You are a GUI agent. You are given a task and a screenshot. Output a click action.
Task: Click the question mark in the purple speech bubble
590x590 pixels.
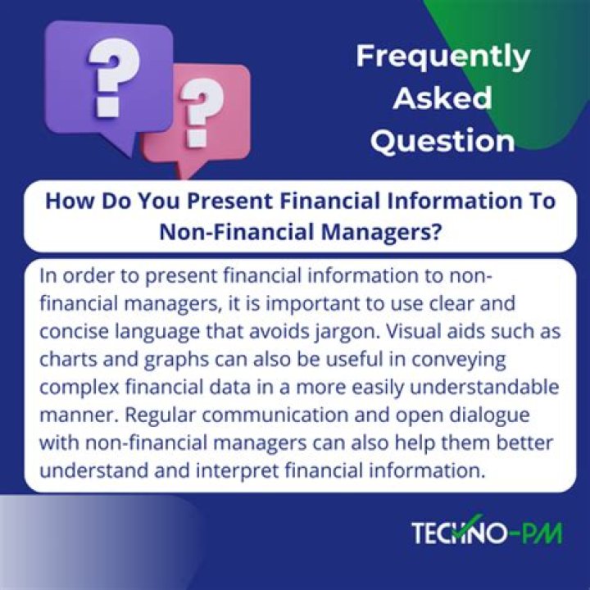tap(106, 79)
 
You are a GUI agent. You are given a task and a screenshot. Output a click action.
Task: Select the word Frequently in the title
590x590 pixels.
tap(442, 57)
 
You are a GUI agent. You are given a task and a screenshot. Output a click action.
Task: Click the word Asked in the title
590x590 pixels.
tap(442, 98)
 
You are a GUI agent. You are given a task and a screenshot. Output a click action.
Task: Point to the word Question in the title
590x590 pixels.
tap(442, 140)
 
